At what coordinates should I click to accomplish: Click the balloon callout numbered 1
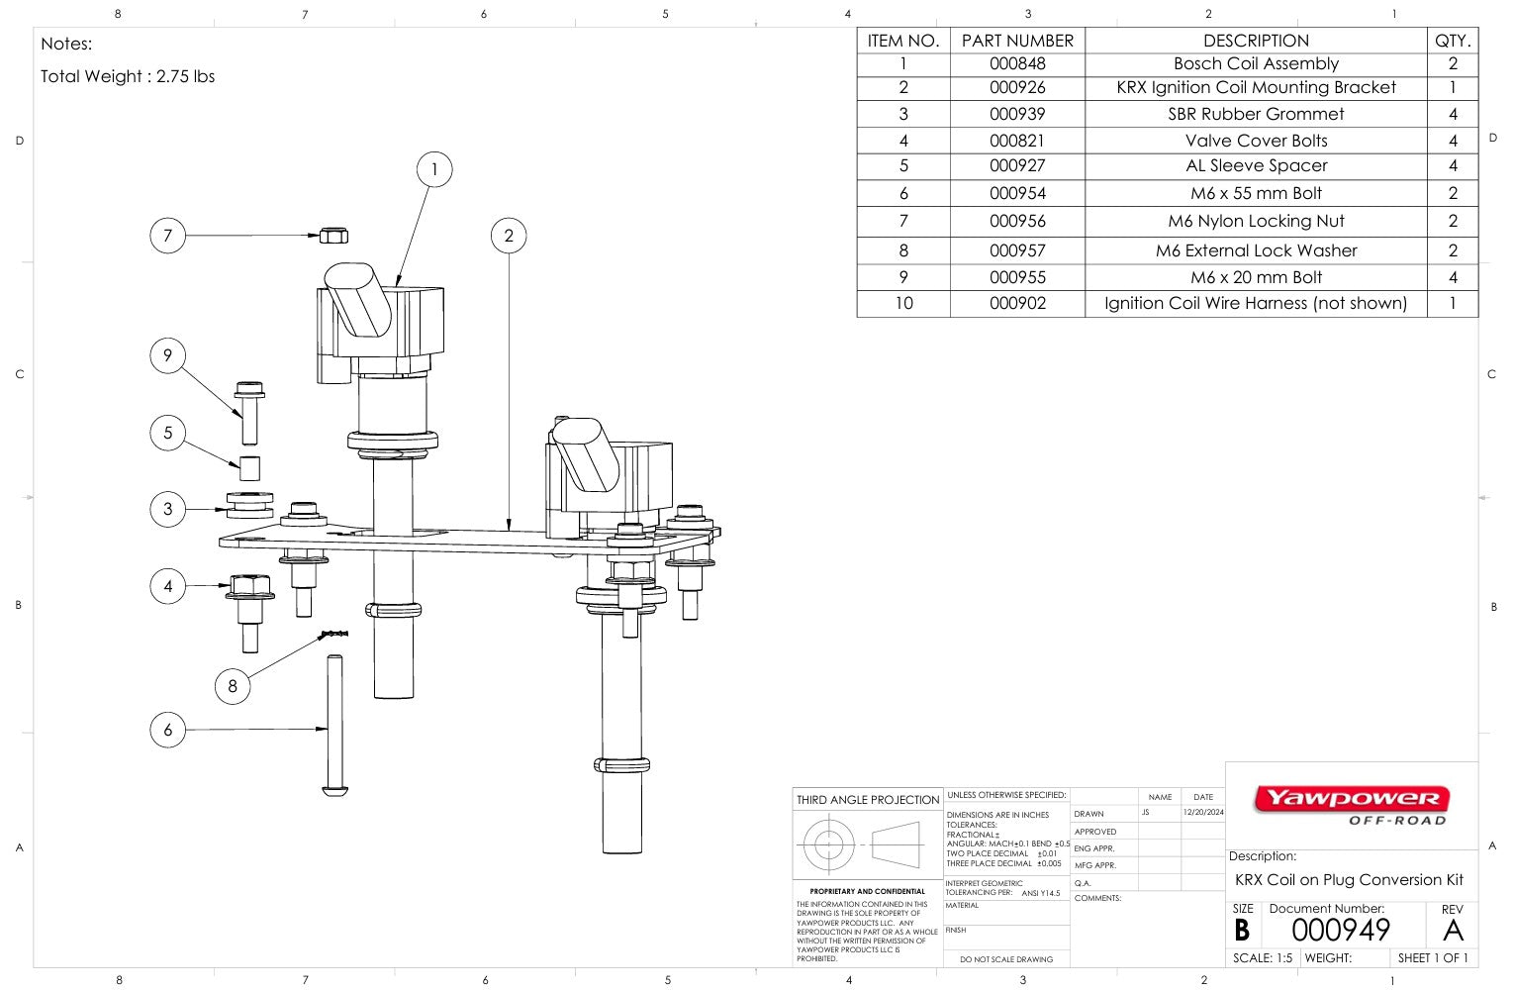(x=433, y=169)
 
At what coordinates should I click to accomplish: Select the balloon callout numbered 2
(x=509, y=236)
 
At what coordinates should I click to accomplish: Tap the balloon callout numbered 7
(x=167, y=236)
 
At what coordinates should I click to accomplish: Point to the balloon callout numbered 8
(x=233, y=686)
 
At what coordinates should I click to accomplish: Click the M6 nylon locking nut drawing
(x=333, y=236)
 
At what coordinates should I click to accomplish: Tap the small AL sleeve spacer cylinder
(x=250, y=467)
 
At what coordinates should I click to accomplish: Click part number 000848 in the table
(x=1017, y=63)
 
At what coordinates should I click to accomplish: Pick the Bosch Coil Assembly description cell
(x=1256, y=63)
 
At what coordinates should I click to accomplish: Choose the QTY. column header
(x=1453, y=41)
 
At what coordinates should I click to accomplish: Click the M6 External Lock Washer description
(x=1256, y=250)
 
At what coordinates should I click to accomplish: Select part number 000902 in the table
(x=1017, y=303)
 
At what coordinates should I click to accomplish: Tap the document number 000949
(x=1341, y=931)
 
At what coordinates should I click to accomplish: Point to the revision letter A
(x=1453, y=931)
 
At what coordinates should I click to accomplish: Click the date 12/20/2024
(x=1203, y=812)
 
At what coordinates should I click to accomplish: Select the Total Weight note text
(x=128, y=76)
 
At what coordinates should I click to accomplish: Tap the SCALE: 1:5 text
(x=1263, y=958)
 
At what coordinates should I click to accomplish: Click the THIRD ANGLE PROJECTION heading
(x=868, y=800)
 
